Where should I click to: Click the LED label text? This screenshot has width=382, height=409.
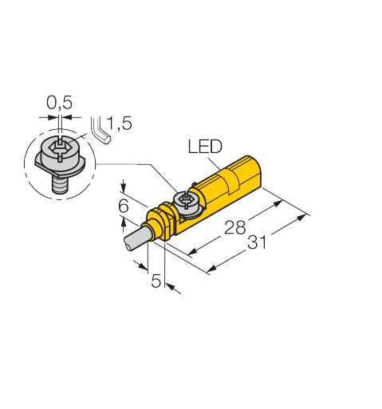[205, 146]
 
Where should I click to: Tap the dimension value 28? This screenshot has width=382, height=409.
[234, 227]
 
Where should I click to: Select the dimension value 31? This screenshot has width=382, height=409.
[257, 242]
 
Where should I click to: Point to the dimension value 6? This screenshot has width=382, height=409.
[124, 206]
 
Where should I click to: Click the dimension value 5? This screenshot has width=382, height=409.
[156, 281]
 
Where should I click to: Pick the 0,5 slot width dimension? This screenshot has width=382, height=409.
[59, 103]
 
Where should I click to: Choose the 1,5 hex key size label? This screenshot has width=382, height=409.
[119, 123]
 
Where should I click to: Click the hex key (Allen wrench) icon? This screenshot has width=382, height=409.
[100, 131]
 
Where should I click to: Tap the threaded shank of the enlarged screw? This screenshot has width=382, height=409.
[61, 185]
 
